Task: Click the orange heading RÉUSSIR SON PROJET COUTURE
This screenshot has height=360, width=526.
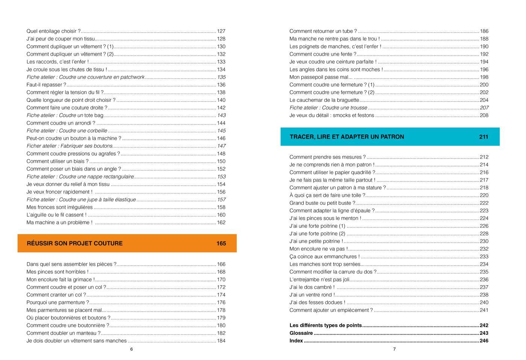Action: tap(74, 244)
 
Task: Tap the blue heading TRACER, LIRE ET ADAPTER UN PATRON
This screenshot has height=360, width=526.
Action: tap(347, 137)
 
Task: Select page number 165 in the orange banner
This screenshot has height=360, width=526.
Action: tap(221, 244)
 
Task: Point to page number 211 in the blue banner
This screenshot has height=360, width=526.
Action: tap(484, 137)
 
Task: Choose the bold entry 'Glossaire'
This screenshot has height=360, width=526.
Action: tap(301, 333)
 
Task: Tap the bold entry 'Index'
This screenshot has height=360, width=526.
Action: tap(296, 341)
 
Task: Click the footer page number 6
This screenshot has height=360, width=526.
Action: tap(131, 349)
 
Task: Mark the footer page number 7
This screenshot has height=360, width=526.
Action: tap(394, 349)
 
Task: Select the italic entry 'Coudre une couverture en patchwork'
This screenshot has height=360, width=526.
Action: tap(85, 77)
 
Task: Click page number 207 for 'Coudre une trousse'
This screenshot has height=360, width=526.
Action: tap(484, 108)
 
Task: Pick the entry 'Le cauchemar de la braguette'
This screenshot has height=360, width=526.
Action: tap(324, 100)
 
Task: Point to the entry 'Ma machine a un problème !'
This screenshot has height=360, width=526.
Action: tap(59, 222)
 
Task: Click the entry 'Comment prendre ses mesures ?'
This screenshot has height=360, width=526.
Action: tap(327, 157)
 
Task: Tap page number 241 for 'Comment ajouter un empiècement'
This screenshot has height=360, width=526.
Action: tap(484, 310)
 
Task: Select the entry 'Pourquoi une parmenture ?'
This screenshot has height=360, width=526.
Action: tap(57, 303)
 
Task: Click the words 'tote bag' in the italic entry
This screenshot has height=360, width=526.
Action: tap(94, 115)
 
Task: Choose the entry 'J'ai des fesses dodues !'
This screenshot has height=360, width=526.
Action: tap(317, 303)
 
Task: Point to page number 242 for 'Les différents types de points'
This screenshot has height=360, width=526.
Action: tap(484, 325)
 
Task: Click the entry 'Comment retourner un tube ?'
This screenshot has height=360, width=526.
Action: tap(323, 31)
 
